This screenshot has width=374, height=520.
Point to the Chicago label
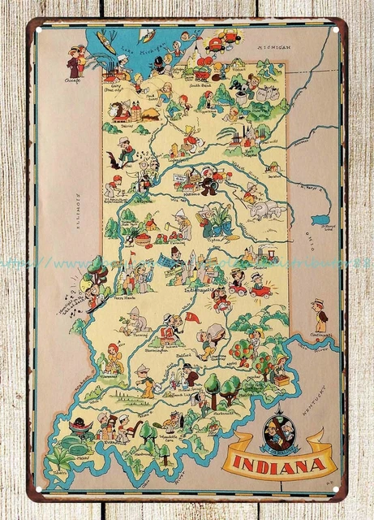pyautogui.click(x=71, y=81)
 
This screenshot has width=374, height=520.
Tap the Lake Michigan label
pyautogui.click(x=127, y=56)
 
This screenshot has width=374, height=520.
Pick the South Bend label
pyautogui.click(x=200, y=84)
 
